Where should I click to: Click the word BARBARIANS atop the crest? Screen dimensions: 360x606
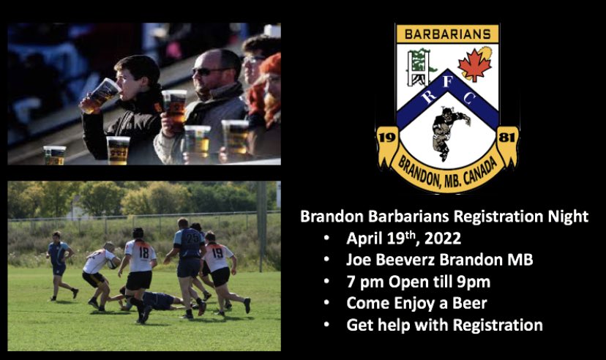(x=446, y=34)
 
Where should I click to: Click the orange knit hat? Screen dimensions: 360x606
(x=271, y=64)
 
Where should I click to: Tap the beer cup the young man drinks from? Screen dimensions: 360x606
(x=102, y=93)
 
